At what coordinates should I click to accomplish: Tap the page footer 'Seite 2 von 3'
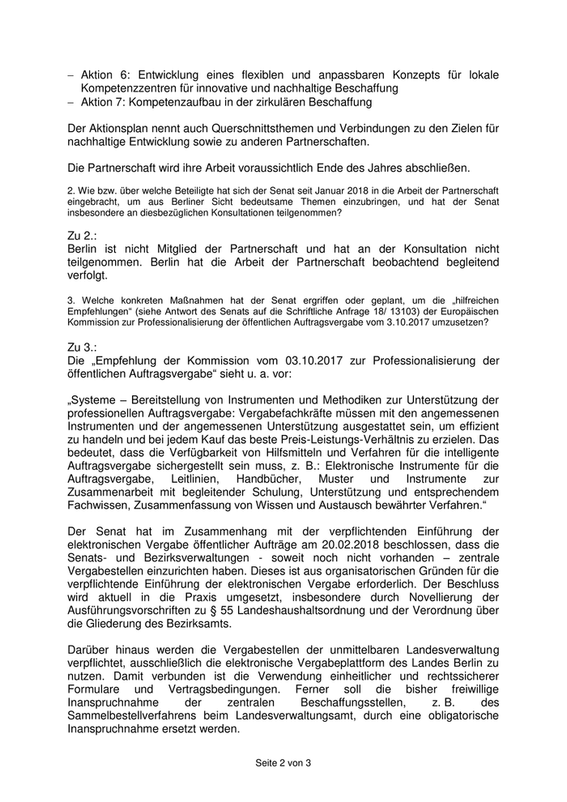[283, 763]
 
